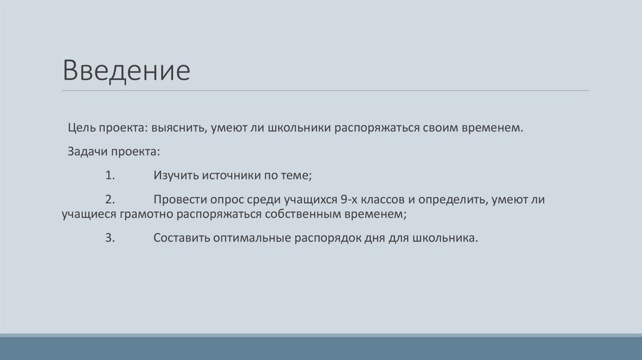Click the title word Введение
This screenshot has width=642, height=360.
pos(125,71)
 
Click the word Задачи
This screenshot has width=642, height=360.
pos(86,152)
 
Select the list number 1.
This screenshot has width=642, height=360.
pos(109,176)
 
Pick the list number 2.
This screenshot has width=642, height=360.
pos(109,200)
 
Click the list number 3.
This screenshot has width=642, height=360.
pos(109,238)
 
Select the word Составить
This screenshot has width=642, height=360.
pos(182,238)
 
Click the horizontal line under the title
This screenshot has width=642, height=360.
pos(326,91)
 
